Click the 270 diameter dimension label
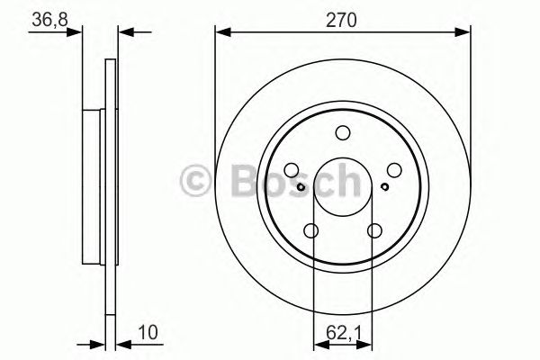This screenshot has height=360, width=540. click(x=343, y=19)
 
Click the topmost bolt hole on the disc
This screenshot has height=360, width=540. click(x=342, y=134)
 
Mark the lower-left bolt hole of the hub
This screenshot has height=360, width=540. click(x=311, y=232)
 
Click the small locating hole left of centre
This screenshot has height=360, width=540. click(x=300, y=186)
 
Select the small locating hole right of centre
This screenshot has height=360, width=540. click(x=384, y=186)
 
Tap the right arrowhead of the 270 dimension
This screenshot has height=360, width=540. click(x=465, y=34)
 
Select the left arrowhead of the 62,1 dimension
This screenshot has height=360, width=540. click(x=317, y=343)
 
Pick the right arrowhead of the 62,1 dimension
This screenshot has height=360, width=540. click(x=368, y=343)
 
